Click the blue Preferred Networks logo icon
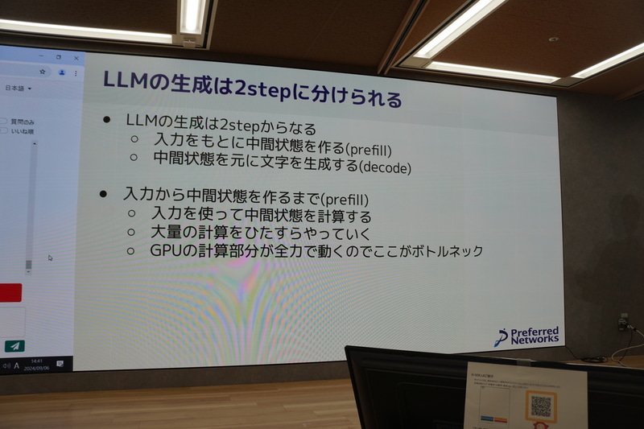point(500,337)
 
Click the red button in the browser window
point(11,292)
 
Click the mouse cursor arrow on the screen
point(49,258)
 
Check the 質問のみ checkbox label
point(23,122)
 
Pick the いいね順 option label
point(22,130)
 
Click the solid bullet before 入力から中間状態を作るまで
point(102,195)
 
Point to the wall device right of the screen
point(622,323)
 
